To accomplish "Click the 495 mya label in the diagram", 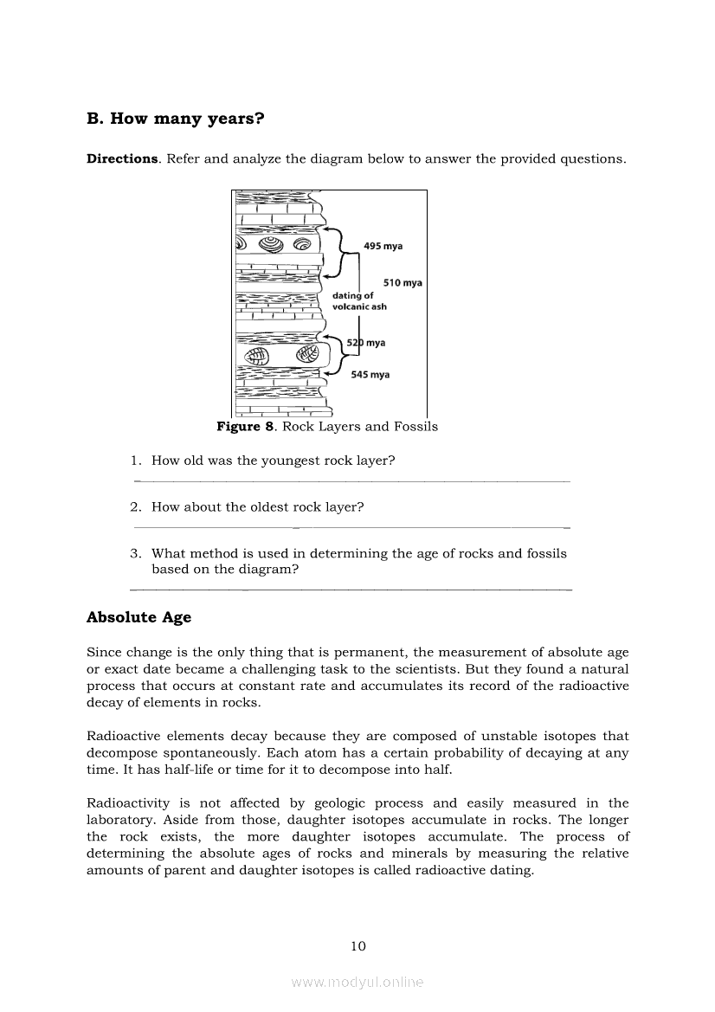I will [383, 247].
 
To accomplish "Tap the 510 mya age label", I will [403, 283].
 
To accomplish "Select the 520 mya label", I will [365, 343].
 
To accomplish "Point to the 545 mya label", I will [370, 375].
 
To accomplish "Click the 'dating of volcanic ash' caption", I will [359, 301].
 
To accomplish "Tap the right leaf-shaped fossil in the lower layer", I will [306, 355].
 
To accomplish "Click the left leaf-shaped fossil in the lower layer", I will [257, 356].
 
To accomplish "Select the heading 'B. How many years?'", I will [176, 119].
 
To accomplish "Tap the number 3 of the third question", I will [136, 553].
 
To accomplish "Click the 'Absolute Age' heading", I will [138, 618].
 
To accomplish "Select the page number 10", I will [358, 946].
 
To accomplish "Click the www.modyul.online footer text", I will [357, 983].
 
